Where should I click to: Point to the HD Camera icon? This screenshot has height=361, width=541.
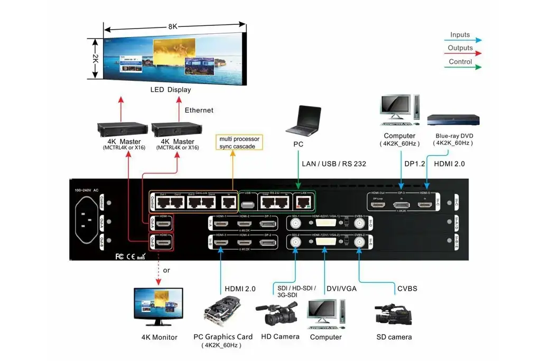[x=277, y=315]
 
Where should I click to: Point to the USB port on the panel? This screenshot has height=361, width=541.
[x=246, y=203]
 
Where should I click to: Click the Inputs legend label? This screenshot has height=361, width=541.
[x=460, y=35]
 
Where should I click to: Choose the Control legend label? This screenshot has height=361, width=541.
[x=460, y=62]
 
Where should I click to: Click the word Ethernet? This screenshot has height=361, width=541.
[x=199, y=110]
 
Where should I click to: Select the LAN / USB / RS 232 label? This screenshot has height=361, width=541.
[x=334, y=164]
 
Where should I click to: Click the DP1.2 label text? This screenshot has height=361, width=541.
[x=415, y=164]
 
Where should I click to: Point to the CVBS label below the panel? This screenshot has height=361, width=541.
[x=407, y=289]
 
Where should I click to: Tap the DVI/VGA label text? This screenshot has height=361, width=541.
[x=341, y=289]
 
